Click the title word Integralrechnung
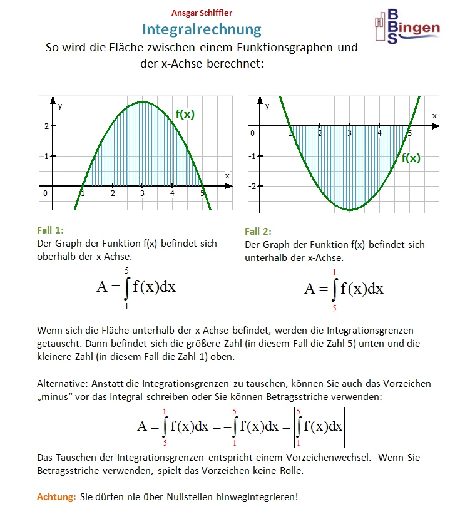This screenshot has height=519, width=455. coord(202,29)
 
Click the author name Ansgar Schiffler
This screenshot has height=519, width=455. coord(202,12)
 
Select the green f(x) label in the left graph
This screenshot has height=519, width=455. coord(185,114)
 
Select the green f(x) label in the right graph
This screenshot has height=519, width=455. coord(411,158)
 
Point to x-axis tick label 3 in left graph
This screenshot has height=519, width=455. coord(143,193)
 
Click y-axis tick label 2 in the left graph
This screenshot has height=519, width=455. coord(46,126)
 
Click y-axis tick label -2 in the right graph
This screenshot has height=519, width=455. coord(253,187)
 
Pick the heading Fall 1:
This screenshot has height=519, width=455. coord(51,230)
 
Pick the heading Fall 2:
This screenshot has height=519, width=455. coord(258,232)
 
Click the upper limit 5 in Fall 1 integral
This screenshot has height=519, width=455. coord(126,270)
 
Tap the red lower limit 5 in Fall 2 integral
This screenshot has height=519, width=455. coord(334,308)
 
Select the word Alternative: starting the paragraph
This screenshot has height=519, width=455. coord(62,383)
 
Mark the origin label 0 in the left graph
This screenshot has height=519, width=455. coord(45,193)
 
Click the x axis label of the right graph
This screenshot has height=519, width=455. coord(434,116)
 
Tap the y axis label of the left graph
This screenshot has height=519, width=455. coord(60,106)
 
